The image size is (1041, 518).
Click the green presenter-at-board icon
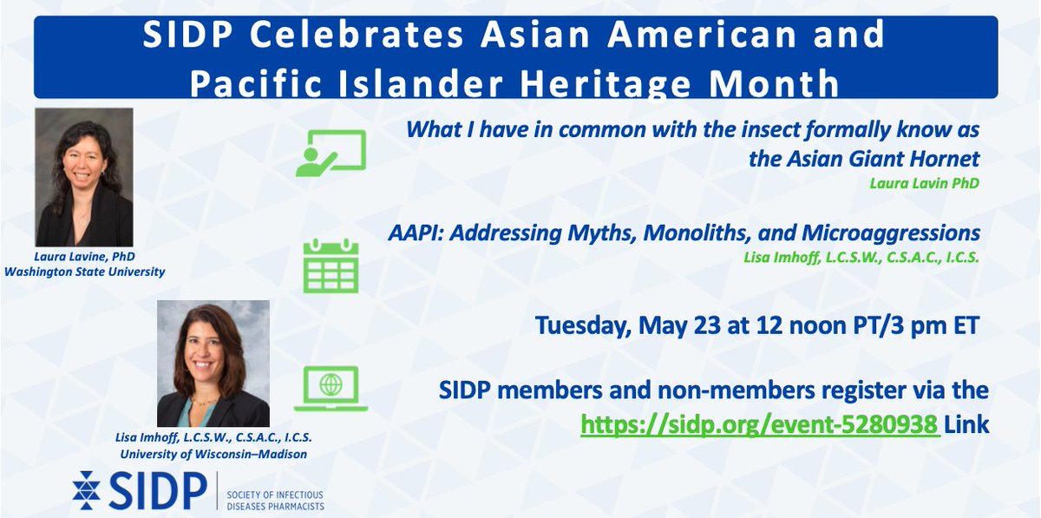(x=330, y=153)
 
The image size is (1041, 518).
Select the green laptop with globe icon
(x=330, y=388)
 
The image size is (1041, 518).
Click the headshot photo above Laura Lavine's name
(x=84, y=176)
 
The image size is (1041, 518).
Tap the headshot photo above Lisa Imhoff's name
(x=213, y=363)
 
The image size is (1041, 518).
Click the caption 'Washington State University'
(x=84, y=272)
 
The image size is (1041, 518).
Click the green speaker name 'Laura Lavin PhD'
(x=926, y=182)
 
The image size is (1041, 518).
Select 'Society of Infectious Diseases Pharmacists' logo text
(x=275, y=500)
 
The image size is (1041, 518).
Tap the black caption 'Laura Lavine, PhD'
(x=84, y=258)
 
